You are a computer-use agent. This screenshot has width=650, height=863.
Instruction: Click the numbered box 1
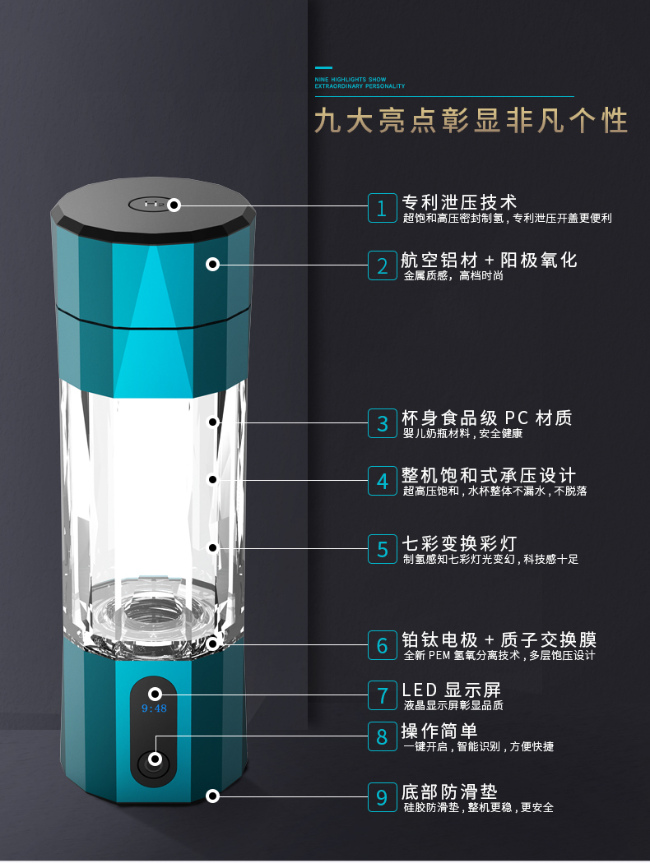(x=383, y=208)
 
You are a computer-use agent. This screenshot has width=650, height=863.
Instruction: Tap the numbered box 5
(x=383, y=549)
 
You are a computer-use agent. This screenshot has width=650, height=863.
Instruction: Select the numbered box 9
(x=383, y=797)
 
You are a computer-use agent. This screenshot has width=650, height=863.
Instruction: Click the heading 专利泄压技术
(x=459, y=202)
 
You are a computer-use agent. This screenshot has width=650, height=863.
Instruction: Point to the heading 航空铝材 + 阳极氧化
(x=490, y=260)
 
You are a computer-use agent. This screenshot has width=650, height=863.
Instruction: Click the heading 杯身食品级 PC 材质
(x=487, y=418)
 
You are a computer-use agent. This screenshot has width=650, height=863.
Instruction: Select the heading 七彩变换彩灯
(x=459, y=543)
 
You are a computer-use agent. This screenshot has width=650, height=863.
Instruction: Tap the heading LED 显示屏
(x=451, y=690)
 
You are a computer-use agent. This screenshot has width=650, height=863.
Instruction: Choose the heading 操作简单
(x=439, y=731)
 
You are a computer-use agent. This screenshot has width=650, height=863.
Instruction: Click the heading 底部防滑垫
(x=449, y=792)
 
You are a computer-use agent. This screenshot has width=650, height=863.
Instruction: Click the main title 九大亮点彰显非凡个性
(x=471, y=120)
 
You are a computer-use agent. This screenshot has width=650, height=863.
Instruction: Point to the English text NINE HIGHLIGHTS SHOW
(x=351, y=79)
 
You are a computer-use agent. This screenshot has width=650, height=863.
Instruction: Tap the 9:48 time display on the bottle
(x=154, y=708)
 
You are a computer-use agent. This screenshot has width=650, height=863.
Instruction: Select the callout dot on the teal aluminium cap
(x=212, y=264)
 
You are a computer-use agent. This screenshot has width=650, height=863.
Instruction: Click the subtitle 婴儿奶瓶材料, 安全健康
(x=462, y=434)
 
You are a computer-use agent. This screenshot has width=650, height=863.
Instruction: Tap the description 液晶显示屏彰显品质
(x=453, y=705)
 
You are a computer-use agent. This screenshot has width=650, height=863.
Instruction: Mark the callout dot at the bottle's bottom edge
(x=212, y=796)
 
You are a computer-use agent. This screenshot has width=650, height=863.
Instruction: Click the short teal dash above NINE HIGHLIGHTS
(x=323, y=67)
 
